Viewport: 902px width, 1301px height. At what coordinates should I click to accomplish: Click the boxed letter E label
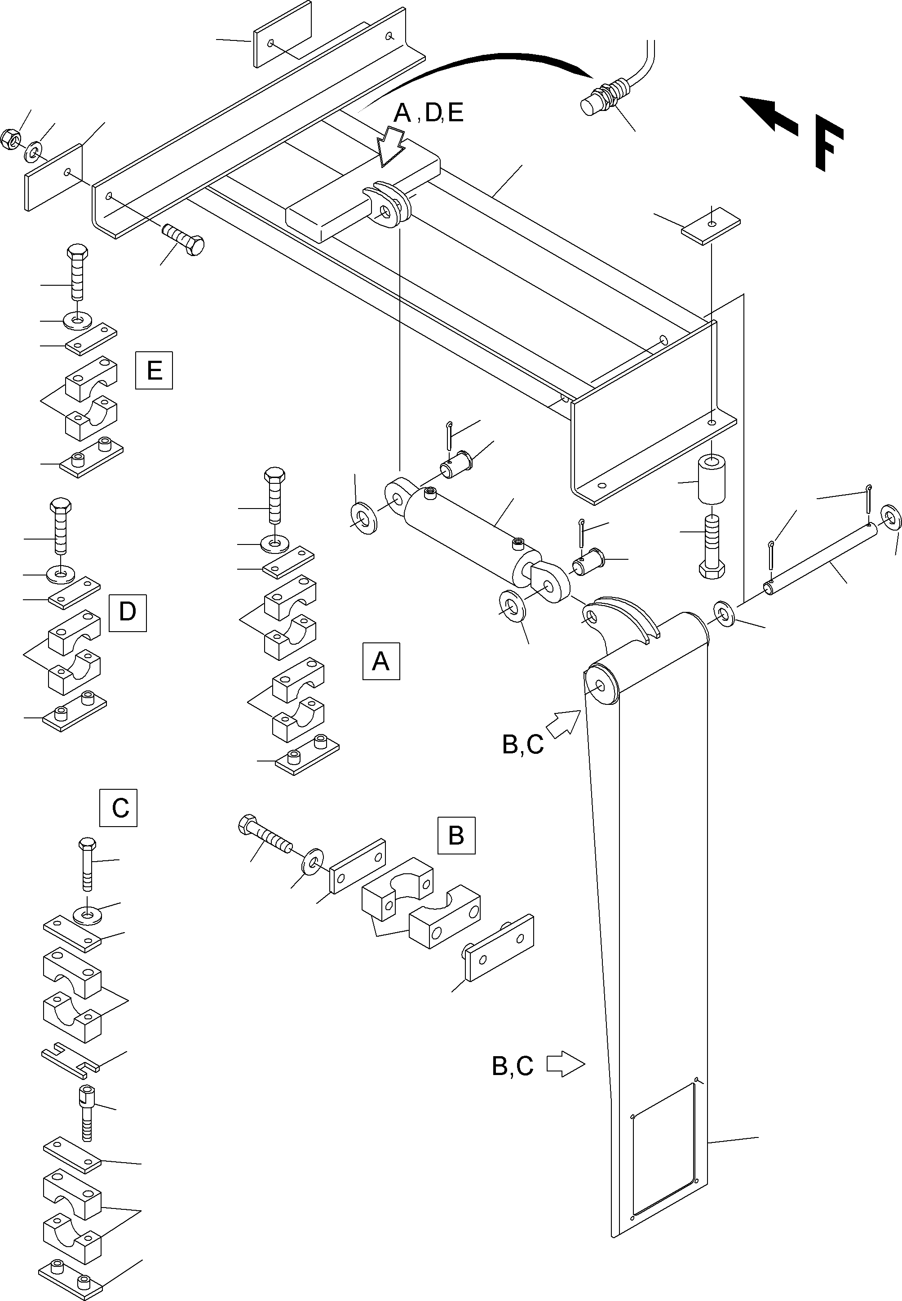click(x=154, y=370)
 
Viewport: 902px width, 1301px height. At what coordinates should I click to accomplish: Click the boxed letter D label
click(x=128, y=613)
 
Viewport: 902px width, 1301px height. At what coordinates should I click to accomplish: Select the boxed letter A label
click(x=381, y=661)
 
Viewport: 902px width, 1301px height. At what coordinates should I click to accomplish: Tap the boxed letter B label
click(x=456, y=835)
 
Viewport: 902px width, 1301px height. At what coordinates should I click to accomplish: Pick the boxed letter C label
click(x=118, y=808)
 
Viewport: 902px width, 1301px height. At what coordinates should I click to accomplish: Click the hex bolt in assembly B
click(x=265, y=833)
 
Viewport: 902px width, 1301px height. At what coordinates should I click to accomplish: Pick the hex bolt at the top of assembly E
click(x=77, y=272)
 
